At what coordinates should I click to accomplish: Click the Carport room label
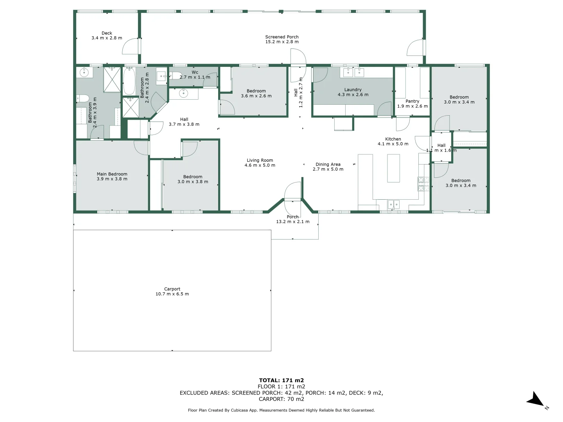[172, 289]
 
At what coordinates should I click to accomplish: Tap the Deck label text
[107, 33]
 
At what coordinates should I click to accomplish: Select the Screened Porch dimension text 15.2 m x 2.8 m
[281, 42]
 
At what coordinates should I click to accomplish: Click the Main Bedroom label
[112, 174]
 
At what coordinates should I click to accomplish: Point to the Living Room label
[260, 160]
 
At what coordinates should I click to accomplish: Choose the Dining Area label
[328, 165]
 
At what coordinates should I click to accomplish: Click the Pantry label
[412, 101]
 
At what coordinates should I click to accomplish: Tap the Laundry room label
[353, 90]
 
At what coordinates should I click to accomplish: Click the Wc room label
[195, 72]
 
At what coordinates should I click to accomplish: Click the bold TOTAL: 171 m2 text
[281, 380]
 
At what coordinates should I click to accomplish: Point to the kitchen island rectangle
[393, 168]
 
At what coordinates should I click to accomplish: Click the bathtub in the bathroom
[129, 81]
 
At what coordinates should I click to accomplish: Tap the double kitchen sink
[393, 204]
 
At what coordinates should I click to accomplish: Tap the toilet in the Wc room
[176, 76]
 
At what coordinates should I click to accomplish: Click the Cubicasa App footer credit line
[281, 410]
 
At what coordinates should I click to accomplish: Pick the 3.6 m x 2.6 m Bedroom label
[256, 91]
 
